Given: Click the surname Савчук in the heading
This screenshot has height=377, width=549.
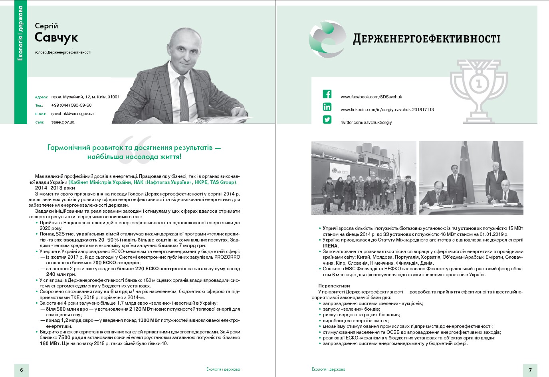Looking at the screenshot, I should (x=56, y=37).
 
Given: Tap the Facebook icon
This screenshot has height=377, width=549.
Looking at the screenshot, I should (x=327, y=94).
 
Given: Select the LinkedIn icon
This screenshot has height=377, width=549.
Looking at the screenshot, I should (x=327, y=107).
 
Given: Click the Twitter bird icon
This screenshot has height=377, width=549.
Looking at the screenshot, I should (x=327, y=120).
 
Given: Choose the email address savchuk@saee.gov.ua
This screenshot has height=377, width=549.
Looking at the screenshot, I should (x=72, y=114).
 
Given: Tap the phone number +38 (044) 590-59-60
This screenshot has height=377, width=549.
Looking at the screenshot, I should (x=71, y=106).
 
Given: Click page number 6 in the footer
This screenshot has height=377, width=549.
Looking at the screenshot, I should (x=22, y=370).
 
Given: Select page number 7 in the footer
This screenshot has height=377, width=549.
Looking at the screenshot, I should (x=530, y=370).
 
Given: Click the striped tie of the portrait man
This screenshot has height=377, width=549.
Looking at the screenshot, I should (x=183, y=98).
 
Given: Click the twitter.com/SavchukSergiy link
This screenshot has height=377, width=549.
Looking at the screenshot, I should (x=366, y=122).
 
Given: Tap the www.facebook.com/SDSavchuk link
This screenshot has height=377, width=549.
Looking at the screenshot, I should (x=371, y=97).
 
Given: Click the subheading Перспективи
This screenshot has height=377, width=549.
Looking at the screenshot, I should (x=334, y=286).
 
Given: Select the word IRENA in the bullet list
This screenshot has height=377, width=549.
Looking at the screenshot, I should (x=330, y=245).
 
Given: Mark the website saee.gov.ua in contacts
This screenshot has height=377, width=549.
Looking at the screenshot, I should (x=63, y=122).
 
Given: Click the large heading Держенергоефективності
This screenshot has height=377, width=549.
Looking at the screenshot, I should (x=426, y=39).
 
